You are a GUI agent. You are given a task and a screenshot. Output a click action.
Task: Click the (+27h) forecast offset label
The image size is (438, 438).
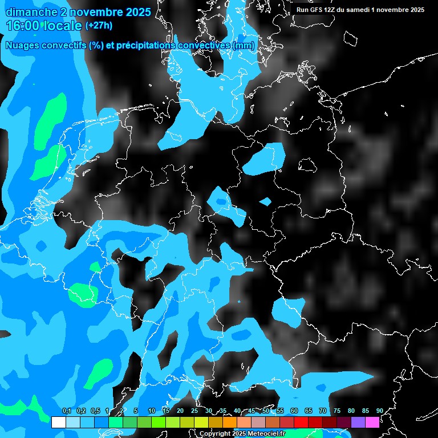coord(99,26)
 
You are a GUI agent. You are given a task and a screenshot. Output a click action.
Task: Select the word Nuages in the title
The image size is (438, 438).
coord(22,46)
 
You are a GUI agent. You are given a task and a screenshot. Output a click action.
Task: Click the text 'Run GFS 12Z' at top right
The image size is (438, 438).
coord(315,10)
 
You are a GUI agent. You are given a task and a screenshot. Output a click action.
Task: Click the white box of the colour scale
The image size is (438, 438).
coord(58,423)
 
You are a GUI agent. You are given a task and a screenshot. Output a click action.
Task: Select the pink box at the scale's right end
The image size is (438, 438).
coord(372,423)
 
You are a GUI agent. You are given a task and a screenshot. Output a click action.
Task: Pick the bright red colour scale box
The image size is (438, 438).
coord(301,423)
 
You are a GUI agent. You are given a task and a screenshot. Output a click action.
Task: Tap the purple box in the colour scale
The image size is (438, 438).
coord(358,423)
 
